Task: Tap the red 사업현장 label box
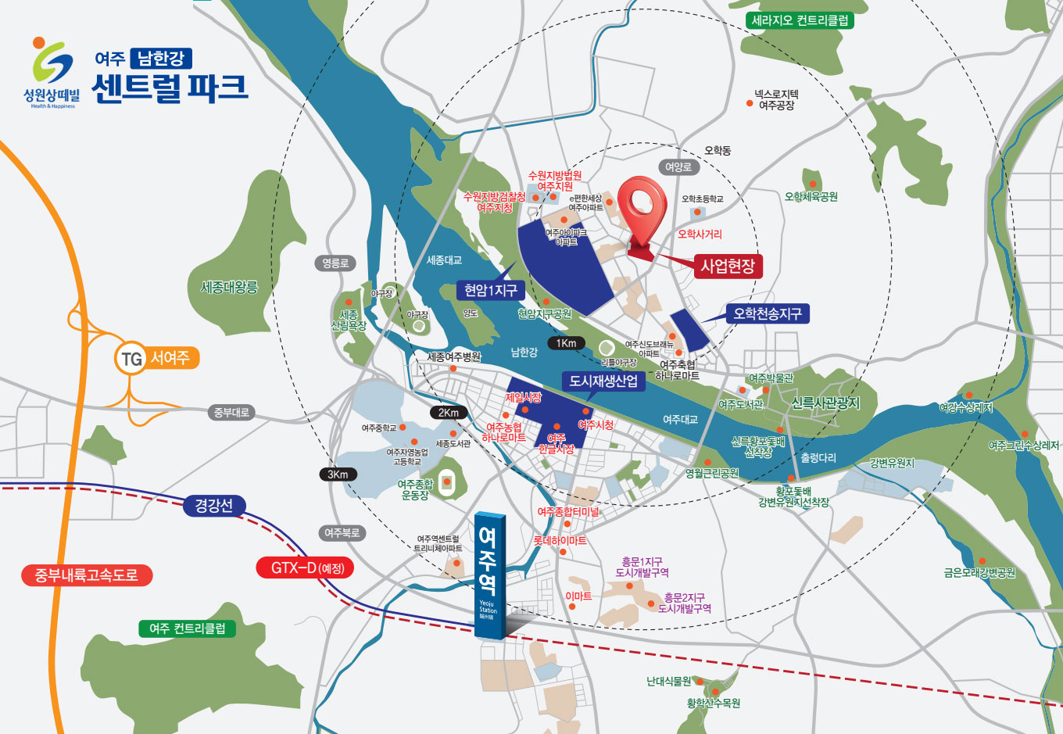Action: pyautogui.click(x=727, y=266)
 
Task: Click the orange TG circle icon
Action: pyautogui.click(x=131, y=359)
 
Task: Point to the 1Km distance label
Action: pyautogui.click(x=566, y=343)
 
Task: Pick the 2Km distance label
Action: pyautogui.click(x=448, y=413)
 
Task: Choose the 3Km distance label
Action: pyautogui.click(x=338, y=474)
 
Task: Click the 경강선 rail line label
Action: pyautogui.click(x=213, y=505)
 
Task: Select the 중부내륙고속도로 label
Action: pyautogui.click(x=86, y=575)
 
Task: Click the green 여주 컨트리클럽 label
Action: pyautogui.click(x=187, y=628)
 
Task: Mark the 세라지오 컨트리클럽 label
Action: pyautogui.click(x=800, y=20)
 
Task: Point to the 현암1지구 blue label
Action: pyautogui.click(x=490, y=291)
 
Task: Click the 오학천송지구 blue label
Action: pyautogui.click(x=766, y=314)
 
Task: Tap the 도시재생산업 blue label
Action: pyautogui.click(x=603, y=381)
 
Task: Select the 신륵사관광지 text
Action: pyautogui.click(x=825, y=403)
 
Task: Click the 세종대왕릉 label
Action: pyautogui.click(x=229, y=287)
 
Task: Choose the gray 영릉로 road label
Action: pyautogui.click(x=335, y=263)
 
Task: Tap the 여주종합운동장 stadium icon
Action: pyautogui.click(x=447, y=482)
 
